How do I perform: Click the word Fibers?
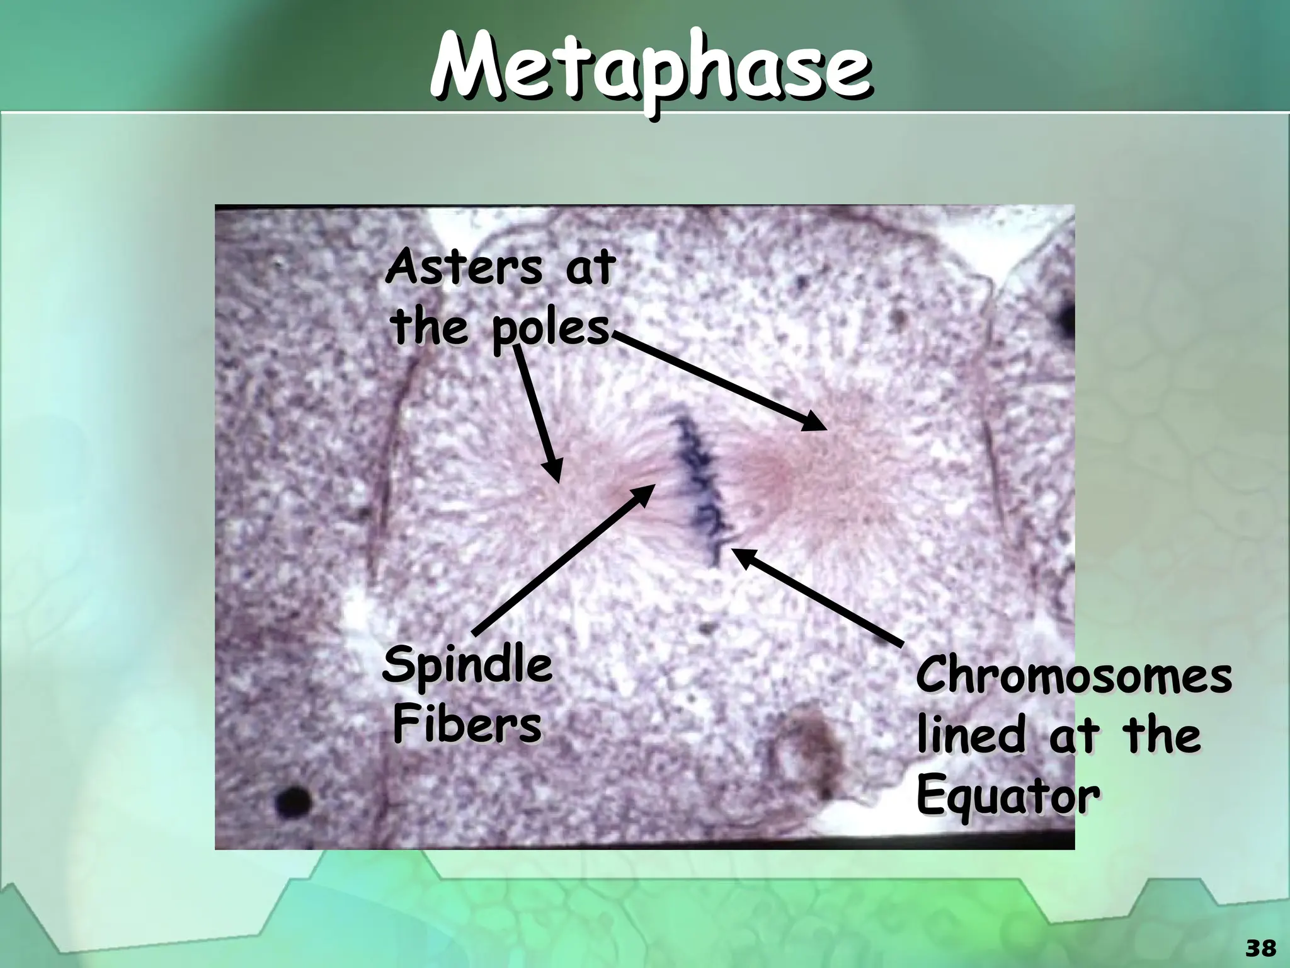coord(467,725)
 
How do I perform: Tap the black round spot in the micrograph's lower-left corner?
coord(294,800)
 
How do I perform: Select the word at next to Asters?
coord(588,268)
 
